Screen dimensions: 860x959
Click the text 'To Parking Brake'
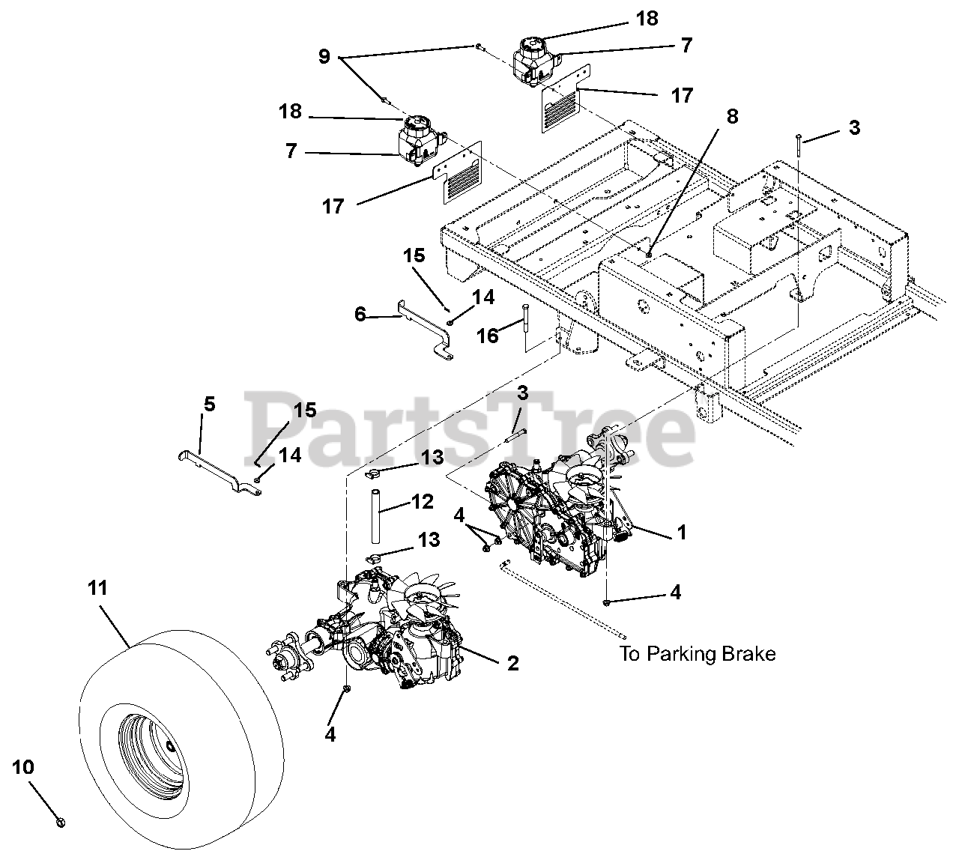click(x=696, y=654)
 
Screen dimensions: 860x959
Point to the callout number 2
click(x=512, y=663)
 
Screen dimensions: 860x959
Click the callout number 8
click(x=732, y=116)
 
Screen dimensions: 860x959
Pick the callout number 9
click(x=324, y=56)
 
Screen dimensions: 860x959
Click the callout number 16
click(x=488, y=336)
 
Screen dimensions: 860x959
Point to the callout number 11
click(x=97, y=589)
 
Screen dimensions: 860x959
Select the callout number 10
click(x=22, y=768)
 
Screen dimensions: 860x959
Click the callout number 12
click(x=423, y=501)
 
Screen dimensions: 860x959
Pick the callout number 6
click(x=360, y=315)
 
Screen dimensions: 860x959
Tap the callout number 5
click(x=209, y=405)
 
